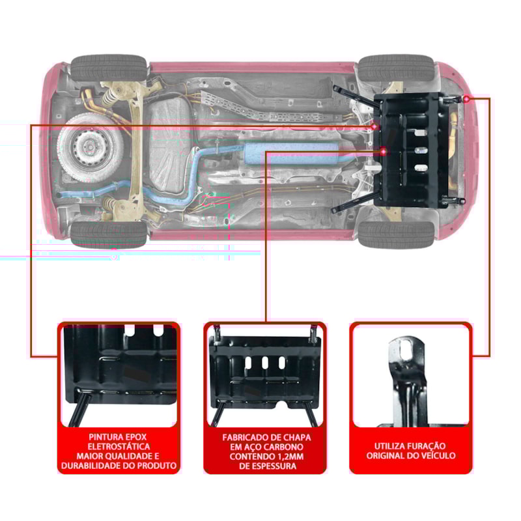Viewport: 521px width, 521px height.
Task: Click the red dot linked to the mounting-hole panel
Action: (468, 98)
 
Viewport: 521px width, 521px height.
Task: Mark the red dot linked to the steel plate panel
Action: (384, 151)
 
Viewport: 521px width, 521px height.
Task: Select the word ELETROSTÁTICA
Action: (118, 447)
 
